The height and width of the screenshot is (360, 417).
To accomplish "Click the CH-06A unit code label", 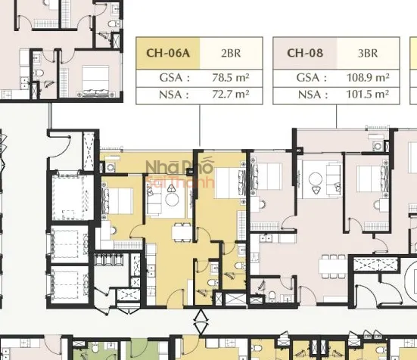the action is pyautogui.click(x=168, y=53).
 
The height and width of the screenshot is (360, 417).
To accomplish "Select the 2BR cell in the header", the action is pyautogui.click(x=231, y=54).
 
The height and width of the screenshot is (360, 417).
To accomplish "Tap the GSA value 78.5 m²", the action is pyautogui.click(x=231, y=78).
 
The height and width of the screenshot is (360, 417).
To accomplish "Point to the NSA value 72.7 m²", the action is pyautogui.click(x=231, y=95).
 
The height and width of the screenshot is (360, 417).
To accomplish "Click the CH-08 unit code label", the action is pyautogui.click(x=305, y=53).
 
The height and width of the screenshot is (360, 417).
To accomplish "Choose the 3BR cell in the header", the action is pyautogui.click(x=368, y=54).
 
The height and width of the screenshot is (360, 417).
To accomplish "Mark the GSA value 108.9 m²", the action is pyautogui.click(x=368, y=78).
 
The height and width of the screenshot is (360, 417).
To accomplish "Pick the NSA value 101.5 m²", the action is pyautogui.click(x=368, y=95).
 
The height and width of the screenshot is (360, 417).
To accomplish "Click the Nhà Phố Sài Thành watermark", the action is pyautogui.click(x=180, y=173).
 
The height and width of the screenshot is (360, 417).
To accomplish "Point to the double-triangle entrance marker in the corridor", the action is pyautogui.click(x=201, y=321).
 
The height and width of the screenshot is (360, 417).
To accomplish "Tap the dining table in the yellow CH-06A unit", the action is pyautogui.click(x=182, y=233).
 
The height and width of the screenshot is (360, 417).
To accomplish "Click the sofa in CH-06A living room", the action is pyautogui.click(x=154, y=199).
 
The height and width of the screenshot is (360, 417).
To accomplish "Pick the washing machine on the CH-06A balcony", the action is pyautogui.click(x=110, y=168).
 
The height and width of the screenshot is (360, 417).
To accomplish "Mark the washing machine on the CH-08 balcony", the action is pyautogui.click(x=377, y=146).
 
